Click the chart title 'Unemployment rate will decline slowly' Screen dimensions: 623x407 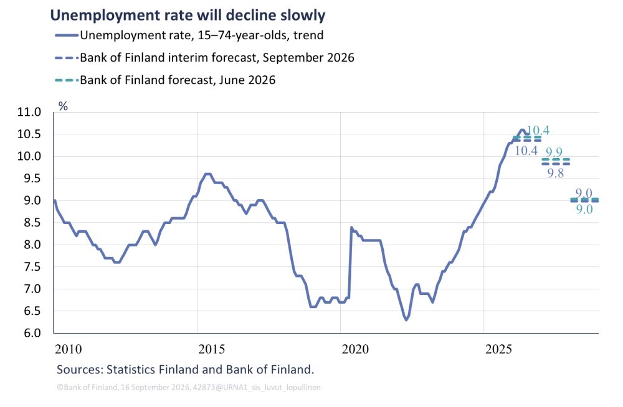pyautogui.click(x=188, y=15)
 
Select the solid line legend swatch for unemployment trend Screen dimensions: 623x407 pyautogui.click(x=67, y=35)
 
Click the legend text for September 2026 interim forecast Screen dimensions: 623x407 pyautogui.click(x=217, y=58)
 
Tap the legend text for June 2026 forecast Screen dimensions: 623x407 pyautogui.click(x=178, y=80)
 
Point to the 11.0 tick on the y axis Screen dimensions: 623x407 pyautogui.click(x=29, y=112)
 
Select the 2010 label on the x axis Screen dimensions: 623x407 pyautogui.click(x=69, y=349)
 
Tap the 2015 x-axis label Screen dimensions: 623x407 pyautogui.click(x=211, y=349)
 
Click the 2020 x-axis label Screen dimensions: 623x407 pyautogui.click(x=355, y=349)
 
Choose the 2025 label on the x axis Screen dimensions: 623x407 pyautogui.click(x=498, y=349)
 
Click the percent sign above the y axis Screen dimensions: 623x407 pyautogui.click(x=63, y=106)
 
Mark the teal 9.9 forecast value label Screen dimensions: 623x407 pyautogui.click(x=554, y=152)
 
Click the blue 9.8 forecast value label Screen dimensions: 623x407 pyautogui.click(x=556, y=173)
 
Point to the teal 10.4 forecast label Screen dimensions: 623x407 pyautogui.click(x=538, y=130)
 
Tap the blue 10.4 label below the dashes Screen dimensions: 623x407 pyautogui.click(x=526, y=151)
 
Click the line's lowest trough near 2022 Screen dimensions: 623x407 pyautogui.click(x=406, y=320)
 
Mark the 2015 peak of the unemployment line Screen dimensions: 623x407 pyautogui.click(x=207, y=174)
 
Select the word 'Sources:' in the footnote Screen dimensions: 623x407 pyautogui.click(x=80, y=370)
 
